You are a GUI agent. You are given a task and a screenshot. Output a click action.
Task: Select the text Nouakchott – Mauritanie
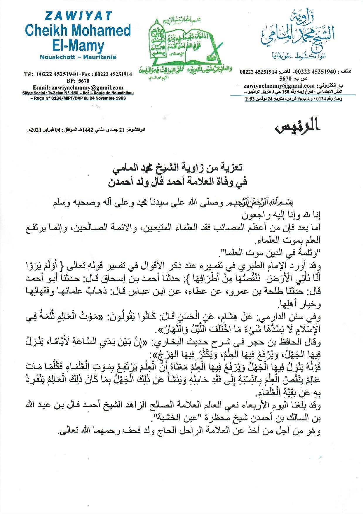coord(78,57)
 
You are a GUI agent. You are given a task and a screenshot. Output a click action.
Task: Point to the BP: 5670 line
coord(78,81)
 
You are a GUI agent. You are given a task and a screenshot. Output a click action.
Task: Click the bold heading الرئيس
coord(297,125)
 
